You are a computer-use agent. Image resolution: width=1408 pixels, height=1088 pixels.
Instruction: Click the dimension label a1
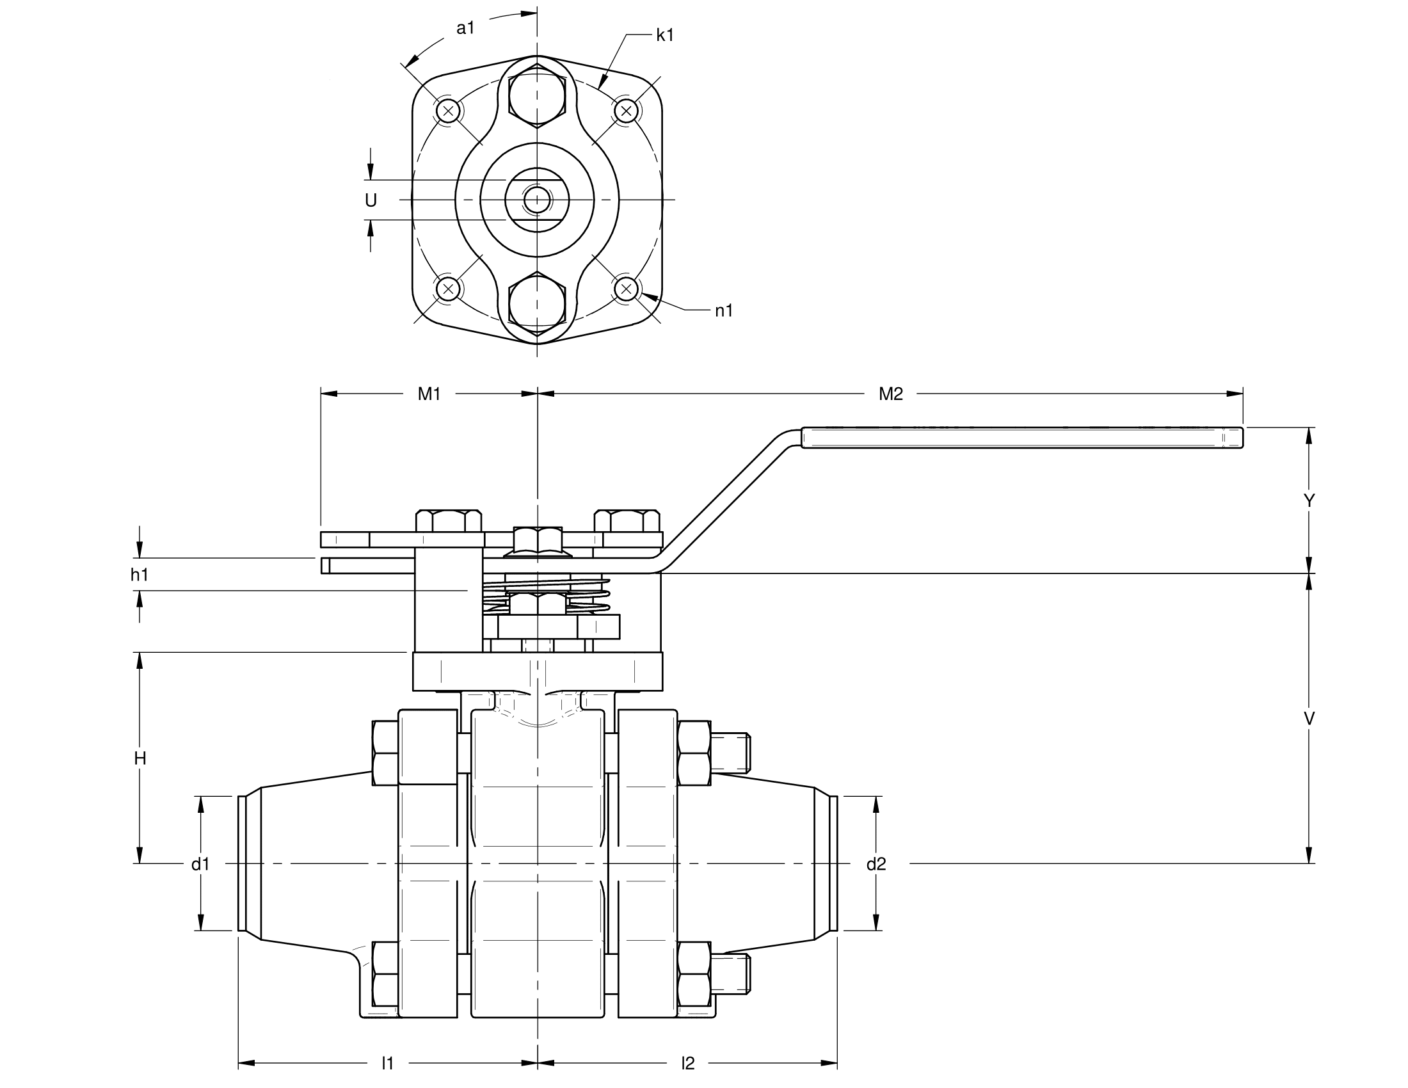tap(465, 28)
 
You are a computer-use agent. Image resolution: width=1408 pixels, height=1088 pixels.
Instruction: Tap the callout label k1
tap(665, 36)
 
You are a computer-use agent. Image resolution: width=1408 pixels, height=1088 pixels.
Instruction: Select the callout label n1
tap(724, 311)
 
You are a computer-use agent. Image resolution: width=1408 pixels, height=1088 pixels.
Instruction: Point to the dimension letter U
tap(371, 201)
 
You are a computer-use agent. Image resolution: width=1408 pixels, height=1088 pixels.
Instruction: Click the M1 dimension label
tap(429, 394)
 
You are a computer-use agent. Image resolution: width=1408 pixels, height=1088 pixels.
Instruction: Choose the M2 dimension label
tap(890, 394)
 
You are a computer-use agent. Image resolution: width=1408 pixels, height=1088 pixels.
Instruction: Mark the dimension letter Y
tap(1309, 501)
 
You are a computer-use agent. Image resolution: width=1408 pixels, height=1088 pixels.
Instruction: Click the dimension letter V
tap(1309, 719)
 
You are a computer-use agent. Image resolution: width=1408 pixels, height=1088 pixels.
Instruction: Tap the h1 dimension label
tap(140, 575)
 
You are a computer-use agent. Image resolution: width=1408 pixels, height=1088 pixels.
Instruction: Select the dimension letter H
tap(140, 758)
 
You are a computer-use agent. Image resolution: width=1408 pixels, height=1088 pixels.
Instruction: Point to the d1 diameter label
tap(200, 865)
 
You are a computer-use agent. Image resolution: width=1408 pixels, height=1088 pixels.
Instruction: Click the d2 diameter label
tap(876, 865)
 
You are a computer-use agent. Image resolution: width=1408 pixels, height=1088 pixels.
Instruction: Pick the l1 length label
tap(387, 1063)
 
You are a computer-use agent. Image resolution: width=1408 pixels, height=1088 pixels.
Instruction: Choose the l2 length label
tap(688, 1063)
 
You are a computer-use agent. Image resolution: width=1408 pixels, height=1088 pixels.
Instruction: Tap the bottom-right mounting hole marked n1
tap(625, 289)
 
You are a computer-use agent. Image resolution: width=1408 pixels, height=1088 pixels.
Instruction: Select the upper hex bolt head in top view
tap(537, 95)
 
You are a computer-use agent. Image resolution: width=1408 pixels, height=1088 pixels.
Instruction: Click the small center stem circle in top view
tap(536, 200)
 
